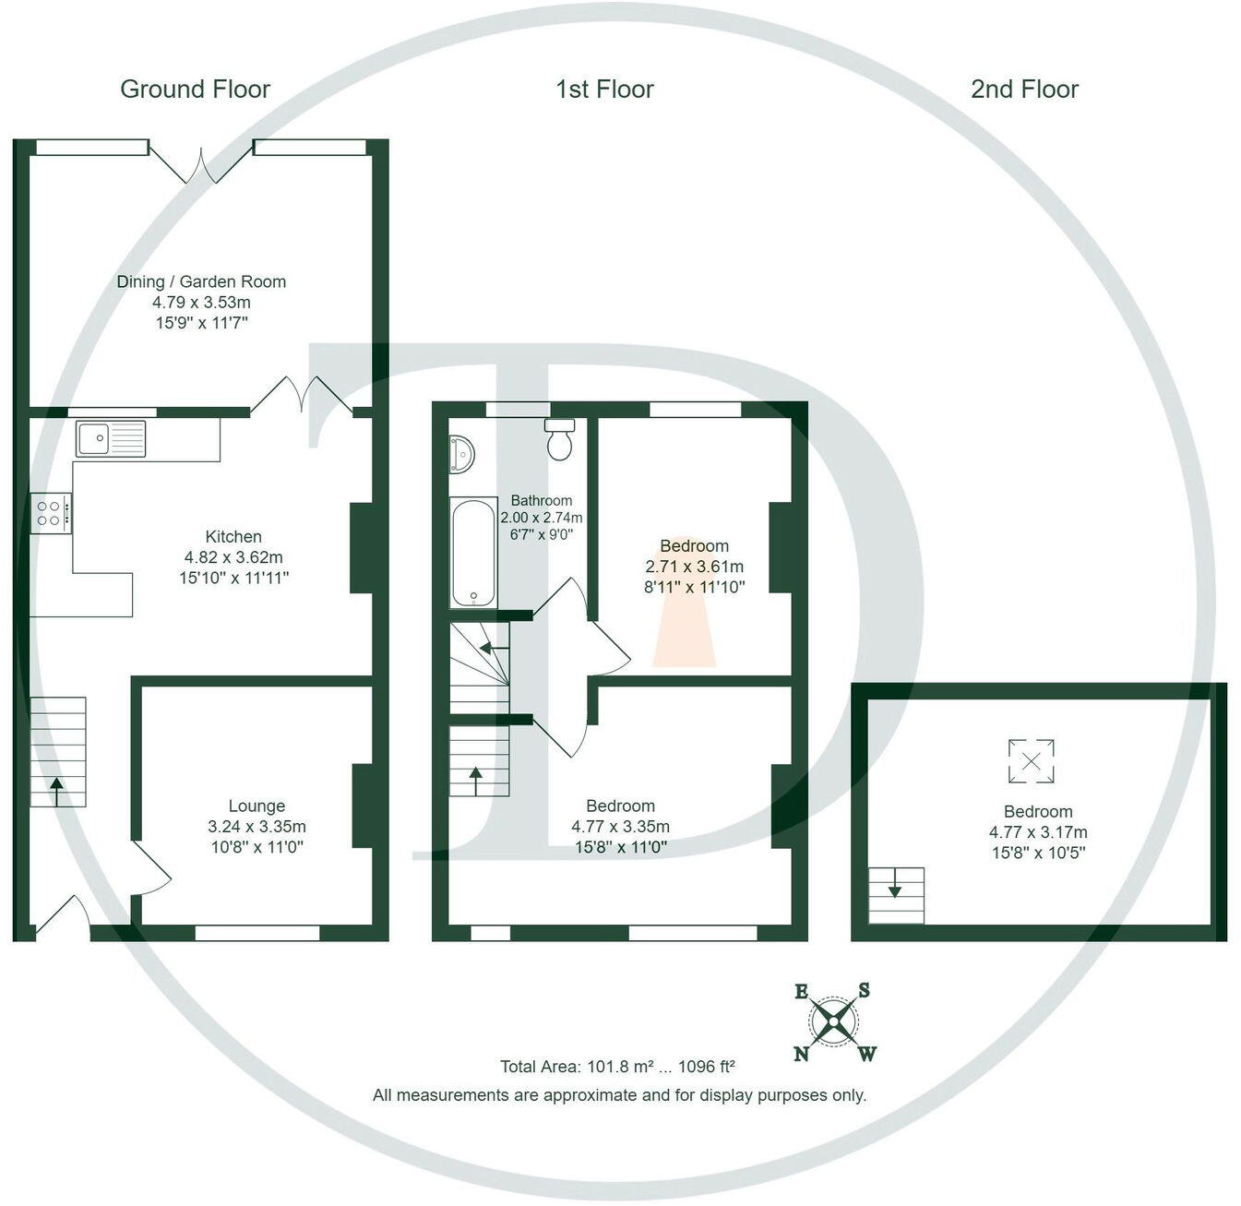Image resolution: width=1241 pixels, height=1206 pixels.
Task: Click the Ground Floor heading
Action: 195,90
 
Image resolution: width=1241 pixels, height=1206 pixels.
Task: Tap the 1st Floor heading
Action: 604,90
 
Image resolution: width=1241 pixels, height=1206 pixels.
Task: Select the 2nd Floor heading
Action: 1024,90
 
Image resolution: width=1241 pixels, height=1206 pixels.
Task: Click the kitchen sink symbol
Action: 111,438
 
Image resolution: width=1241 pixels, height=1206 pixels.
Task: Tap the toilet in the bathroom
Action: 560,439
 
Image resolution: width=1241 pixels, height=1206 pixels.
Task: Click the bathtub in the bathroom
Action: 473,553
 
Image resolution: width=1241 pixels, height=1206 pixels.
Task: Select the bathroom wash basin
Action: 460,455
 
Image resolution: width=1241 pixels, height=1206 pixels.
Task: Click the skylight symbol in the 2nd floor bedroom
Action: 1031,762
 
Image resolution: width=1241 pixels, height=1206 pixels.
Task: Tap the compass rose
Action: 835,1022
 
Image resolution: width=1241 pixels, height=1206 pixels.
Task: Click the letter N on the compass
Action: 801,1054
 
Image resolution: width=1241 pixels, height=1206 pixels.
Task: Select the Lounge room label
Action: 257,806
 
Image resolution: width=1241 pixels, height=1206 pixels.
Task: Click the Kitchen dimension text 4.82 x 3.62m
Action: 233,557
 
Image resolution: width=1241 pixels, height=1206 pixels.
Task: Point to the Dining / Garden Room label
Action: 201,281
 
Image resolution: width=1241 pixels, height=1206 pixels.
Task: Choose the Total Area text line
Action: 617,1067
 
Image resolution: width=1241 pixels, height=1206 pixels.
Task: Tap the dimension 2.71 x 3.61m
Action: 694,567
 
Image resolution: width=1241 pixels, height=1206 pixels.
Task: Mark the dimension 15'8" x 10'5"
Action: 1038,853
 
